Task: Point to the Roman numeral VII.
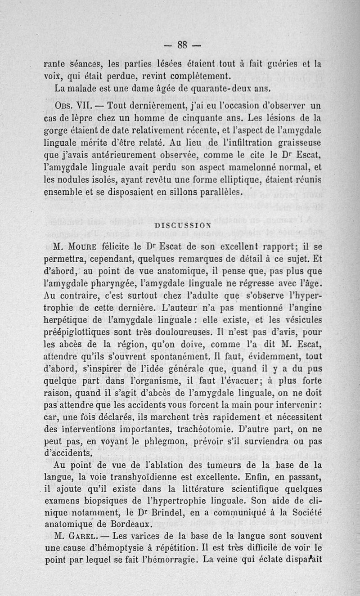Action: [x=85, y=106]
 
